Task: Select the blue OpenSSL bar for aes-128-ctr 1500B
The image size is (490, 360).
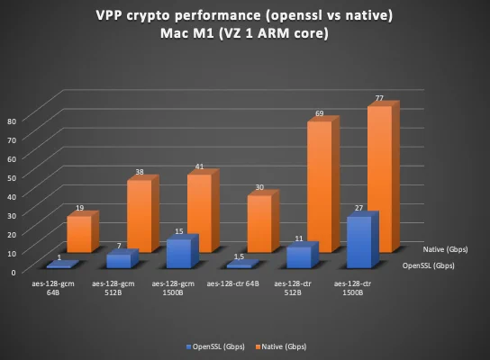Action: coord(363,239)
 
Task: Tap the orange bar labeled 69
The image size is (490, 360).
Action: coord(323,184)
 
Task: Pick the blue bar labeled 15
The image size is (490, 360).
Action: coord(183,252)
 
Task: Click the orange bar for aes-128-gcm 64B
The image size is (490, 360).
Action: coord(83,232)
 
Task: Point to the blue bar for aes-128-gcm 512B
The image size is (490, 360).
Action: coord(122,259)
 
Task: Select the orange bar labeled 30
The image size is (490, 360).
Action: coord(263,221)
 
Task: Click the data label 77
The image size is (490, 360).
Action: coord(379,98)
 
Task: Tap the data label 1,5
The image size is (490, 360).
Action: coord(240,256)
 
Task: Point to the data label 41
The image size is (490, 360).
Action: coord(199,166)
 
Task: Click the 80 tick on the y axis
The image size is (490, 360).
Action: coord(12,121)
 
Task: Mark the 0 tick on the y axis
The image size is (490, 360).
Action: coord(14,273)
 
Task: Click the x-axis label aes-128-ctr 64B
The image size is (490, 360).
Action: coord(232,283)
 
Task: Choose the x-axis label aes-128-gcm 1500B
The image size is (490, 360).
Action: coord(173,288)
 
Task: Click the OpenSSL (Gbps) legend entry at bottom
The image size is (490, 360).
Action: coord(215,346)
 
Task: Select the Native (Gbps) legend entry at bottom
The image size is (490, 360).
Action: coord(281,346)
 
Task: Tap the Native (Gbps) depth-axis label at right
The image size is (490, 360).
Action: coord(445,249)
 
